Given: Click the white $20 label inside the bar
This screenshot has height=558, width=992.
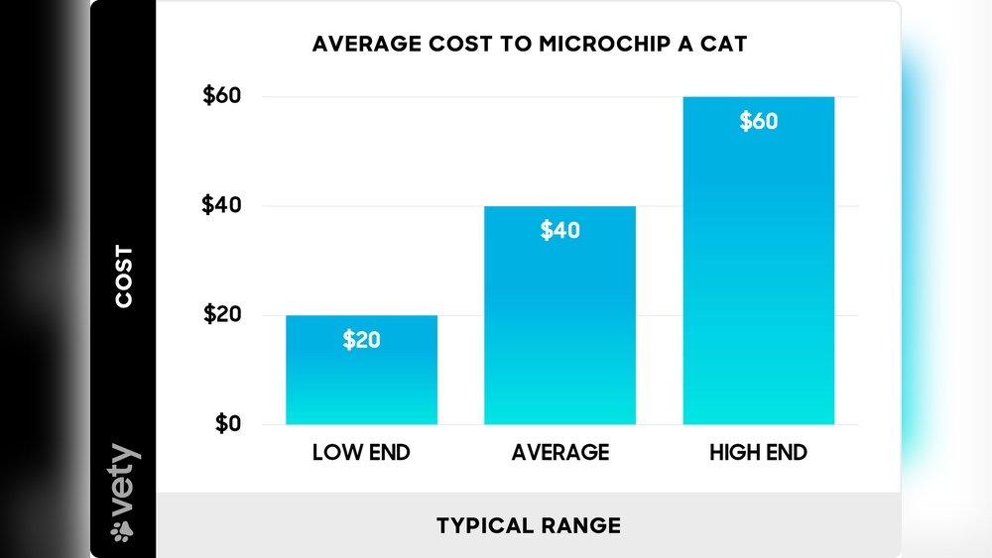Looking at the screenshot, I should pyautogui.click(x=361, y=340).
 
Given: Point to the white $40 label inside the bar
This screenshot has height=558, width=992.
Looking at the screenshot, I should pyautogui.click(x=559, y=231).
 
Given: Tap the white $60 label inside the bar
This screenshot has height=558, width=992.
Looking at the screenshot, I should pyautogui.click(x=758, y=122).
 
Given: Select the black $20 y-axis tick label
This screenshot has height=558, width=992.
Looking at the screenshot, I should pyautogui.click(x=221, y=315).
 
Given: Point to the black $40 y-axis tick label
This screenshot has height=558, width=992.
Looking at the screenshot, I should pyautogui.click(x=221, y=206).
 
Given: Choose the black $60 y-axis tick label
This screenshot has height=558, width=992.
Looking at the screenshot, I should pyautogui.click(x=221, y=97).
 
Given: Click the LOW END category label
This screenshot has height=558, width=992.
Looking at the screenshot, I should pyautogui.click(x=361, y=454).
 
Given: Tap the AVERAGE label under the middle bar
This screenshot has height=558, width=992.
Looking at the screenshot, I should pyautogui.click(x=559, y=454).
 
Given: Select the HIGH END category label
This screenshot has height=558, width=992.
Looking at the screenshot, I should pyautogui.click(x=758, y=454).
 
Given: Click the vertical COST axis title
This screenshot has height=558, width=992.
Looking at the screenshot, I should pyautogui.click(x=124, y=277).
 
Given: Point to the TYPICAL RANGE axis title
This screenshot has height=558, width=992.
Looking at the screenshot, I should pyautogui.click(x=528, y=525).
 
